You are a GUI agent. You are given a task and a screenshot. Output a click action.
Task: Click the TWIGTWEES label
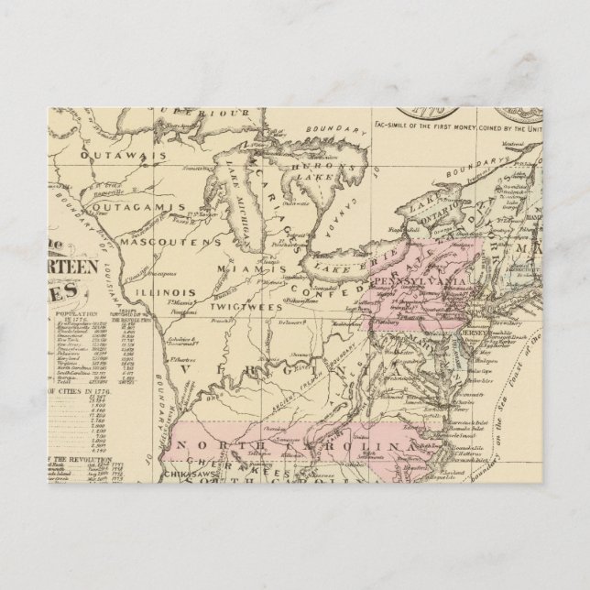(x=240, y=299)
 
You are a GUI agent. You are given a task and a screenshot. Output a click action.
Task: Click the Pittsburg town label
(x=380, y=322)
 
